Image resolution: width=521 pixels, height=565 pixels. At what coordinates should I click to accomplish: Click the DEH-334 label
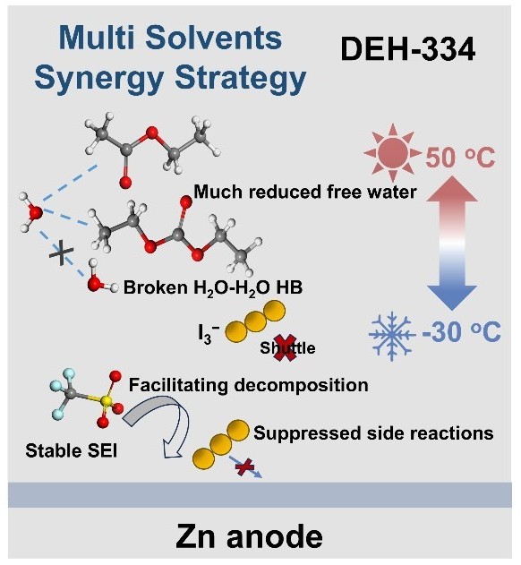click(408, 50)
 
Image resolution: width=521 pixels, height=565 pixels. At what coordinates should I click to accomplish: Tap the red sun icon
click(393, 153)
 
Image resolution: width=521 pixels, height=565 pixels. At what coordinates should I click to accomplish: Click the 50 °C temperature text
click(460, 158)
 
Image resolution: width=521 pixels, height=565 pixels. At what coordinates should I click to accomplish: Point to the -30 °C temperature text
click(462, 332)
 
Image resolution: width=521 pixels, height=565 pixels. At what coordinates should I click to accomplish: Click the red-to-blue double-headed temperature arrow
click(452, 243)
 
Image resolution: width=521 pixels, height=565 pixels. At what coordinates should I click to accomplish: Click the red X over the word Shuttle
click(285, 347)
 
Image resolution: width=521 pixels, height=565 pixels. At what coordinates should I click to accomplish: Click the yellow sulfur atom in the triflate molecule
click(106, 400)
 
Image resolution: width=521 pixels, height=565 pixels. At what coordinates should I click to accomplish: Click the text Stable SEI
click(72, 450)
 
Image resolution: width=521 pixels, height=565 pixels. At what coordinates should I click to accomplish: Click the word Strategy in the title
click(240, 79)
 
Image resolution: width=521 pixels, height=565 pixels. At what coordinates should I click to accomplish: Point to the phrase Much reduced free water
click(305, 192)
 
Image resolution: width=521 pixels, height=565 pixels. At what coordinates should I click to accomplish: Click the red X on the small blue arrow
click(244, 467)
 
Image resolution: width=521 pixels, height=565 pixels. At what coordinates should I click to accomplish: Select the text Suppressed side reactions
click(373, 432)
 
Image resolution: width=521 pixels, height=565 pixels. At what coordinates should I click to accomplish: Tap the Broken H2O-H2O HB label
click(213, 288)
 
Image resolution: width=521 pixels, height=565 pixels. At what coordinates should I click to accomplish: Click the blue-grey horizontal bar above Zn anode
click(260, 495)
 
